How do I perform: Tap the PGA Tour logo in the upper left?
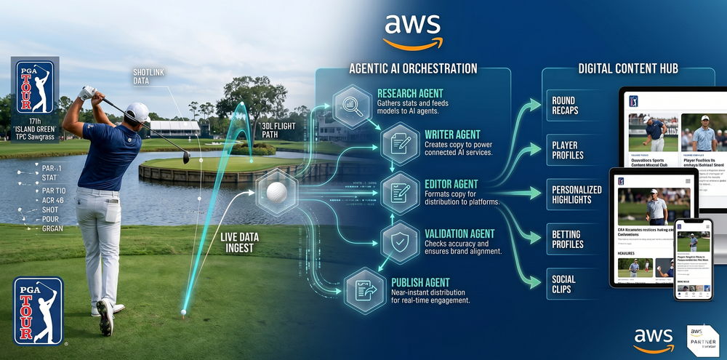click(x=34, y=88)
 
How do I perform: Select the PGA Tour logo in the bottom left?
click(x=39, y=309)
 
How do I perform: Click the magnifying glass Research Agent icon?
click(x=352, y=103)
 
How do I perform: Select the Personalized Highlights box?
click(x=576, y=195)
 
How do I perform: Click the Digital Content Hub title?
click(x=628, y=68)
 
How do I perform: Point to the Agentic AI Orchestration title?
click(x=413, y=68)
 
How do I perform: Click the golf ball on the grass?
click(x=182, y=312)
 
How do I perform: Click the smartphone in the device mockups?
click(x=693, y=258)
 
